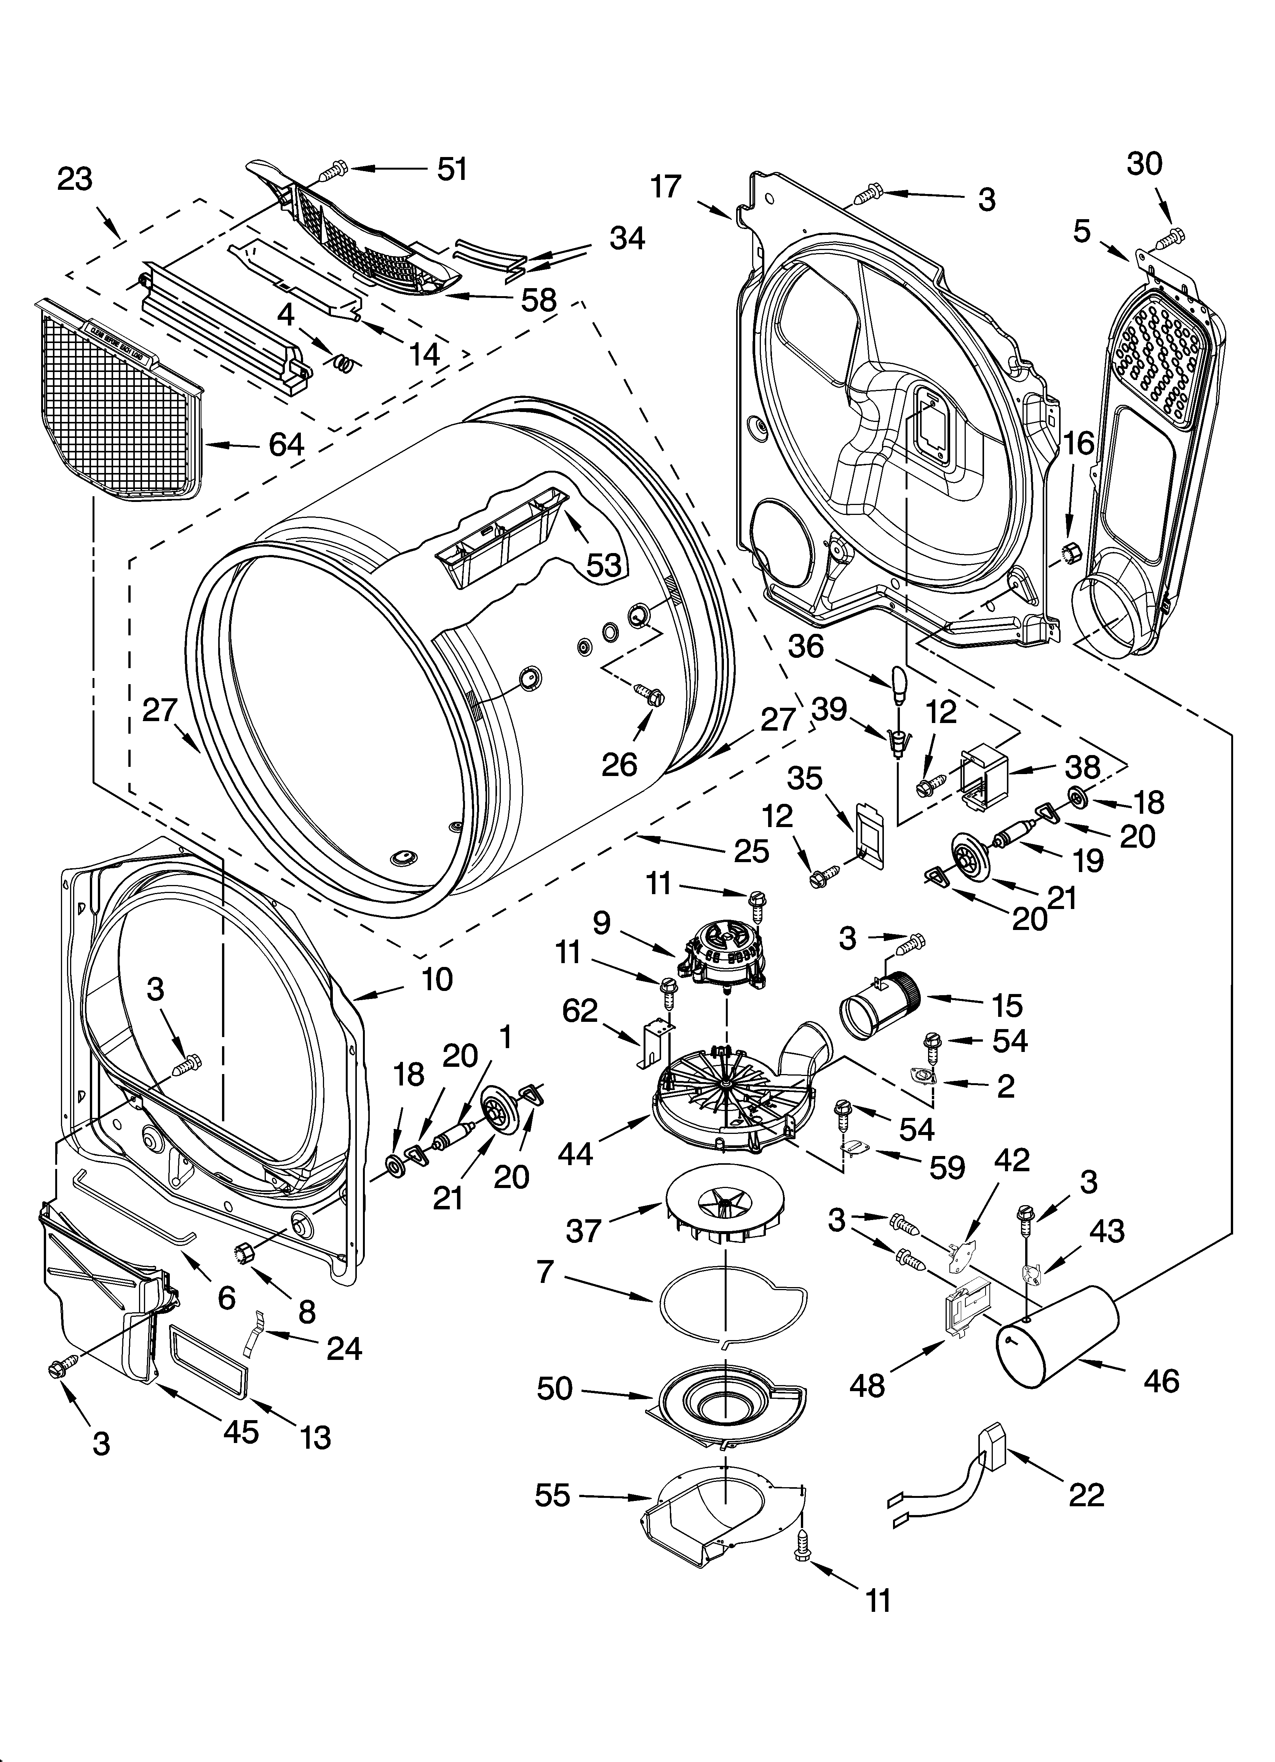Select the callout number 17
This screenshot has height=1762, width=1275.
click(665, 186)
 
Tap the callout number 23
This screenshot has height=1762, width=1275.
click(75, 179)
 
